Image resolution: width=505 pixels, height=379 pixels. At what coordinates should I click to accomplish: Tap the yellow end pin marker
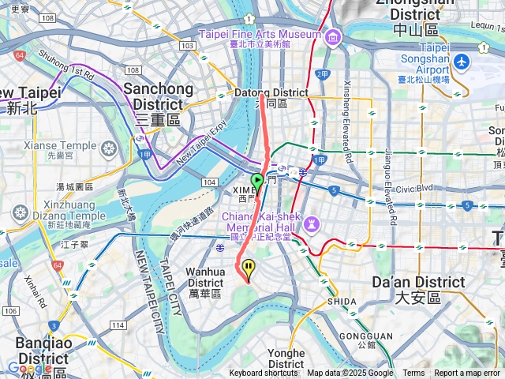(x=249, y=269)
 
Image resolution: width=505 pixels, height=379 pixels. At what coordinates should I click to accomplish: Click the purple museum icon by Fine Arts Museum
(x=332, y=36)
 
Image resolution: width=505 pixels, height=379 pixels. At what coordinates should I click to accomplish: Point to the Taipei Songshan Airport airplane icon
(x=462, y=61)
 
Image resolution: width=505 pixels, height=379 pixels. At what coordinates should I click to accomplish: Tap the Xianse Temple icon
(x=108, y=148)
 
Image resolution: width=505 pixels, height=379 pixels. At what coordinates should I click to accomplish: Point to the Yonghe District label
(x=286, y=358)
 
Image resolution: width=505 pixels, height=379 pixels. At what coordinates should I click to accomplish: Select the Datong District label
(x=260, y=98)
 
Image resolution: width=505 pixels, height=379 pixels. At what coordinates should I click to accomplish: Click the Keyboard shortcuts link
(x=264, y=373)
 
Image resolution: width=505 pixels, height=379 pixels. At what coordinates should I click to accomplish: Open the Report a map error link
(x=468, y=373)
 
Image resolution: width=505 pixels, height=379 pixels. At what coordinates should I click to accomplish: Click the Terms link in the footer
(x=413, y=373)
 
